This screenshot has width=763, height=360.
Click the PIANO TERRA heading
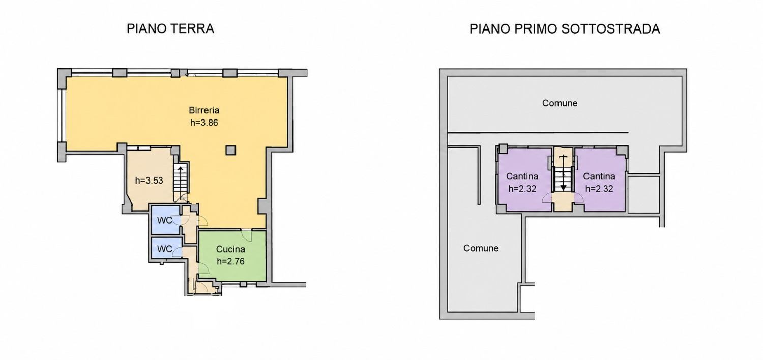pyautogui.click(x=170, y=28)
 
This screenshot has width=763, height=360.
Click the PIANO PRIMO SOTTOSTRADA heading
pyautogui.click(x=565, y=29)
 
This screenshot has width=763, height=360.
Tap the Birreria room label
pyautogui.click(x=204, y=110)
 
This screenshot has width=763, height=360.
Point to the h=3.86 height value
pyautogui.click(x=204, y=123)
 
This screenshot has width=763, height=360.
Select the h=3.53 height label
pyautogui.click(x=149, y=181)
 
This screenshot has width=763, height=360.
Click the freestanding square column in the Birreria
pyautogui.click(x=231, y=150)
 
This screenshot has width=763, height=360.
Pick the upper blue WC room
pyautogui.click(x=165, y=220)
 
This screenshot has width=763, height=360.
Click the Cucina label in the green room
pyautogui.click(x=230, y=249)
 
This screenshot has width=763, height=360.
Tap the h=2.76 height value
pyautogui.click(x=230, y=261)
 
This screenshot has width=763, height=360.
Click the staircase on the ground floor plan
pyautogui.click(x=181, y=183)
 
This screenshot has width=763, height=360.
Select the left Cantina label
pyautogui.click(x=522, y=176)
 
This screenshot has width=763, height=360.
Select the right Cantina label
pyautogui.click(x=599, y=176)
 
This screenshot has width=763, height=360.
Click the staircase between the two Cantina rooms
pyautogui.click(x=564, y=174)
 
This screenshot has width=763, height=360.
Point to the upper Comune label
pyautogui.click(x=560, y=103)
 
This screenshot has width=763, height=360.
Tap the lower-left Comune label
pyautogui.click(x=481, y=248)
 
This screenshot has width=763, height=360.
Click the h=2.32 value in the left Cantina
pyautogui.click(x=522, y=189)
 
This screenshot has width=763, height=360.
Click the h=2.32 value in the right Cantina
pyautogui.click(x=599, y=189)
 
